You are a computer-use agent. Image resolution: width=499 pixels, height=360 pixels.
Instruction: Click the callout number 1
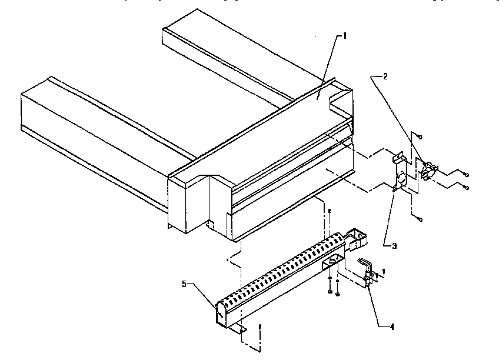345,36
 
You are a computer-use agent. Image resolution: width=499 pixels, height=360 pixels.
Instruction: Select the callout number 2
385,76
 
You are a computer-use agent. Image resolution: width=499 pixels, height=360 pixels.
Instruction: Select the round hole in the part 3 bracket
400,177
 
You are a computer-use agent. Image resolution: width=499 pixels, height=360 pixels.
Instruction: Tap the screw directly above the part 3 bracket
412,135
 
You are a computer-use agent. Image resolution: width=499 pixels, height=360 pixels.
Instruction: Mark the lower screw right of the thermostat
465,188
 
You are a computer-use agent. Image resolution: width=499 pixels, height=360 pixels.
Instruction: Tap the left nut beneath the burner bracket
331,290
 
